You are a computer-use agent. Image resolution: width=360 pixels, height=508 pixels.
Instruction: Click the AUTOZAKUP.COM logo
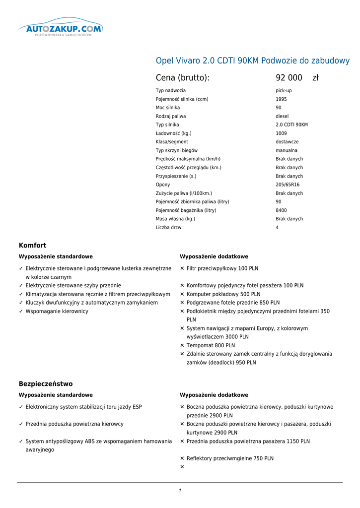tap(61, 29)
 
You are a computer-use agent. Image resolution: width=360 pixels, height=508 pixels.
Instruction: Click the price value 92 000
tap(289, 78)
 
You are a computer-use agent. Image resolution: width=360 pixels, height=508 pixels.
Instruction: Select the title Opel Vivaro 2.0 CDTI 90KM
tap(252, 61)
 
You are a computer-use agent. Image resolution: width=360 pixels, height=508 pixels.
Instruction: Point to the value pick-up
tap(284, 91)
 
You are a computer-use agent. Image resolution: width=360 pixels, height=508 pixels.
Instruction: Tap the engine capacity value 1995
tap(281, 99)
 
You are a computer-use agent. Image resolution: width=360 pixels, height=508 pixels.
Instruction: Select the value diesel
tap(282, 116)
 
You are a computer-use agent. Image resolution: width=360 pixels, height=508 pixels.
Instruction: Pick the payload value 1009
tap(281, 133)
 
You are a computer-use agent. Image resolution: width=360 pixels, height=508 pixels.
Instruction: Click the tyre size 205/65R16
tap(288, 185)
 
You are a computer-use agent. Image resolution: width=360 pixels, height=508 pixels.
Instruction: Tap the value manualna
tap(287, 150)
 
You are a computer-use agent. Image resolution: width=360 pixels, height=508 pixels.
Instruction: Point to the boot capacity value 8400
tap(281, 210)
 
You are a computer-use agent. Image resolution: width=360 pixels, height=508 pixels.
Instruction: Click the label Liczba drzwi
tap(169, 228)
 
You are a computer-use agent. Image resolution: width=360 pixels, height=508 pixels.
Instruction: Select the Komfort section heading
tap(32, 245)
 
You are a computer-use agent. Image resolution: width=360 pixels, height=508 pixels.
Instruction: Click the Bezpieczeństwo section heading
tap(46, 383)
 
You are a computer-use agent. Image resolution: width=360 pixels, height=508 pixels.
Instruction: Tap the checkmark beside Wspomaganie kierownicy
tap(21, 311)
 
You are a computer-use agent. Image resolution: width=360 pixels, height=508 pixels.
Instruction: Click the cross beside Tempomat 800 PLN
tap(182, 345)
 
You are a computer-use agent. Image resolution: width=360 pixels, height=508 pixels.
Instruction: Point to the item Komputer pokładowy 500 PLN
tap(223, 294)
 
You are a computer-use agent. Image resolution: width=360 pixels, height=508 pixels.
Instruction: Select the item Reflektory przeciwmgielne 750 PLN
tap(230, 458)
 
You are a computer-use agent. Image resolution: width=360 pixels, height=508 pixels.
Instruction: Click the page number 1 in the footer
tap(180, 491)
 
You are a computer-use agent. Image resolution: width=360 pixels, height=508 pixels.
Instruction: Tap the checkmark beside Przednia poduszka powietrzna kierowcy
tap(21, 424)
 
